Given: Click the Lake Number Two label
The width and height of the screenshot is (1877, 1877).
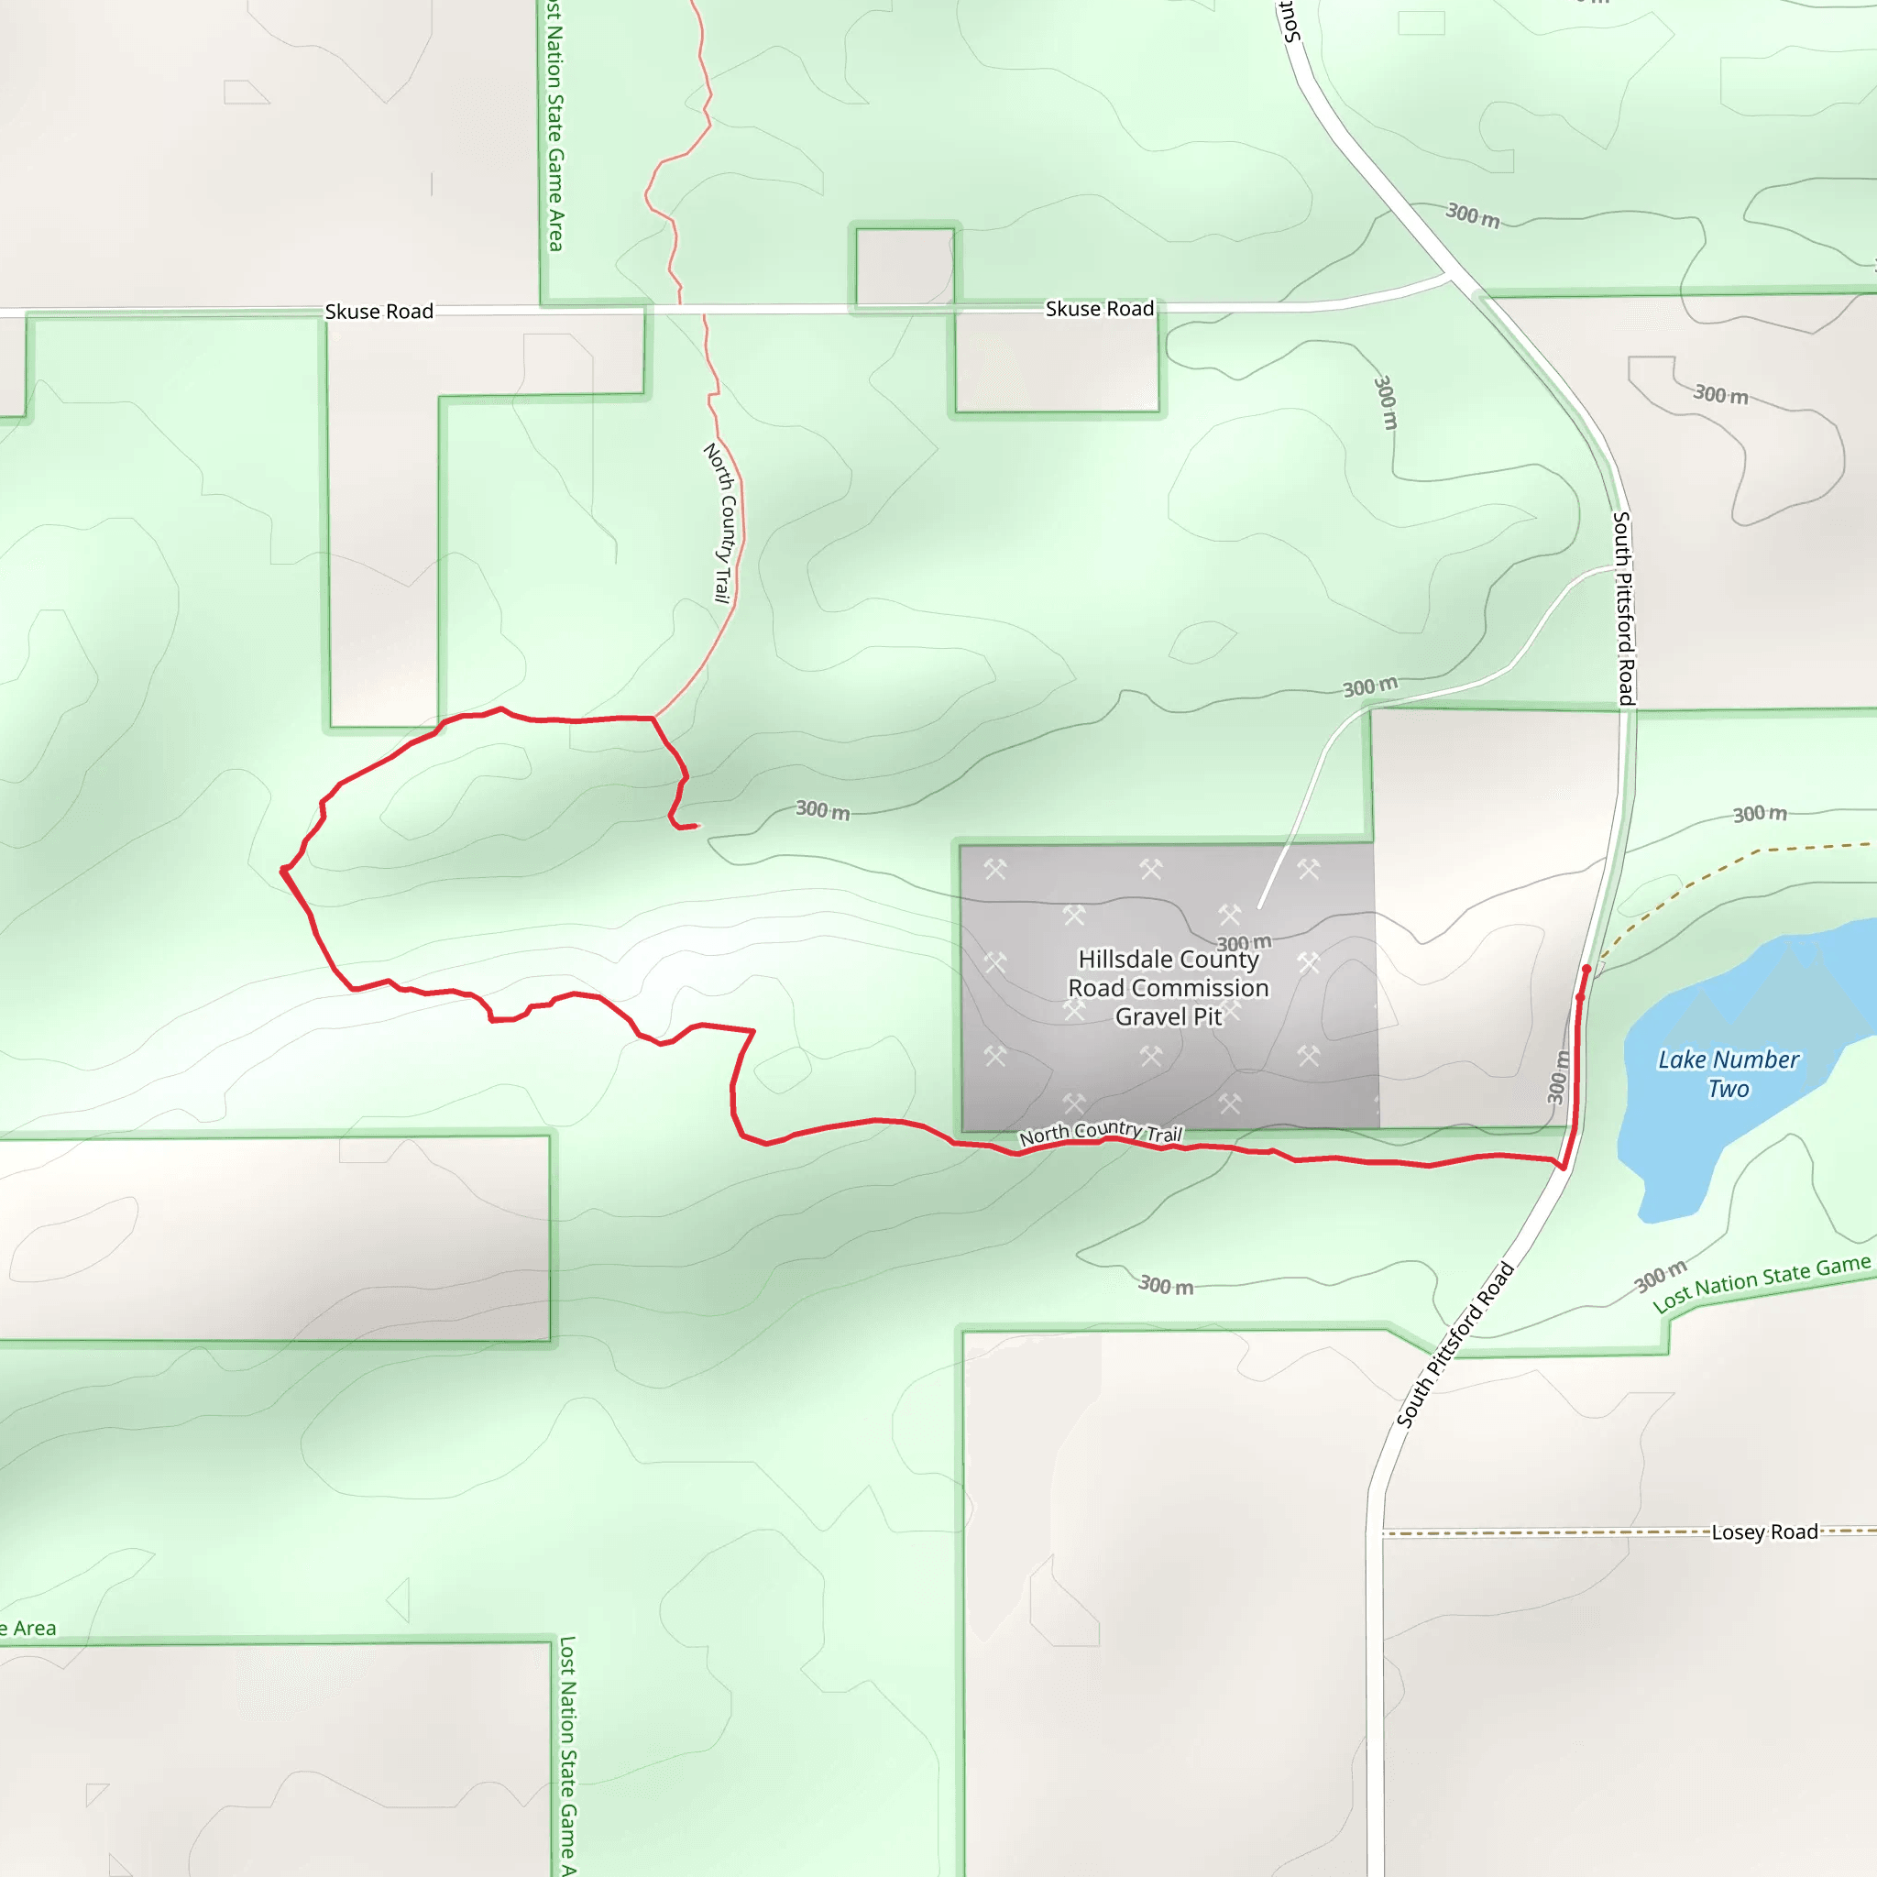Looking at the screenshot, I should (x=1728, y=1073).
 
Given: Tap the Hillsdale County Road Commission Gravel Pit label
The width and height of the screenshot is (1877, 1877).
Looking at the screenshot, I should (x=1168, y=987).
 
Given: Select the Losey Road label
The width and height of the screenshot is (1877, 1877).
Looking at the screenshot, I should (x=1763, y=1532).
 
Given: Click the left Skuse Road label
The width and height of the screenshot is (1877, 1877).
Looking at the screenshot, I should (x=379, y=312).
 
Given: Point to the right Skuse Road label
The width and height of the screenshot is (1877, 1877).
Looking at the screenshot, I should (x=1099, y=309).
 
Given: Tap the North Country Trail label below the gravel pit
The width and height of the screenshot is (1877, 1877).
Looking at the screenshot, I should (x=1100, y=1132).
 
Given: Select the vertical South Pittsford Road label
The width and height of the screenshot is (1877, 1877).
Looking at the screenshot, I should (x=1623, y=608).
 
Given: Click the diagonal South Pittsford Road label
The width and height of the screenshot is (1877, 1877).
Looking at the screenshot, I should (x=1454, y=1345).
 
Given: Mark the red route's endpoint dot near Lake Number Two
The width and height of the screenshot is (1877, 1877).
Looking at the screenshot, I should (x=1586, y=970).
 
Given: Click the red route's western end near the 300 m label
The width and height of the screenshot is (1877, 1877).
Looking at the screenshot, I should (x=696, y=826).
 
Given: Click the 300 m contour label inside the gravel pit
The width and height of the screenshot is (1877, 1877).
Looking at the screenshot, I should (x=1244, y=942).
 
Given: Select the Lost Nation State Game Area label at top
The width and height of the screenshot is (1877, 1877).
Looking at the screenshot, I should (x=554, y=126).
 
